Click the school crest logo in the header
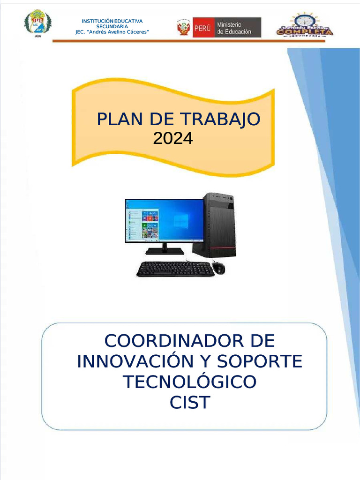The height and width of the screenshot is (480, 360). click(x=37, y=23)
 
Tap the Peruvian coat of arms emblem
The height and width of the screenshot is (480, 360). click(x=183, y=28)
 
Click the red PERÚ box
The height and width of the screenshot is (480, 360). click(x=203, y=28)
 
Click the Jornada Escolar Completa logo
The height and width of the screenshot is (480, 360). click(x=305, y=25)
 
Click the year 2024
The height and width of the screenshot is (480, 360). click(x=173, y=138)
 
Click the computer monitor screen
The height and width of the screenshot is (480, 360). click(x=164, y=220)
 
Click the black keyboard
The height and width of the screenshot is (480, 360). click(x=175, y=269)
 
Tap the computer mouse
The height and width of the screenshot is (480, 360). click(x=218, y=268)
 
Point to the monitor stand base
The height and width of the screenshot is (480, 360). click(x=164, y=251)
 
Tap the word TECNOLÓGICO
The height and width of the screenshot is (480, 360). click(x=190, y=382)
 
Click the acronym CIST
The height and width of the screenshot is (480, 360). click(x=190, y=403)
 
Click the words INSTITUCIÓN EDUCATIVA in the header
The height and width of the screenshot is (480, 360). click(x=112, y=21)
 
